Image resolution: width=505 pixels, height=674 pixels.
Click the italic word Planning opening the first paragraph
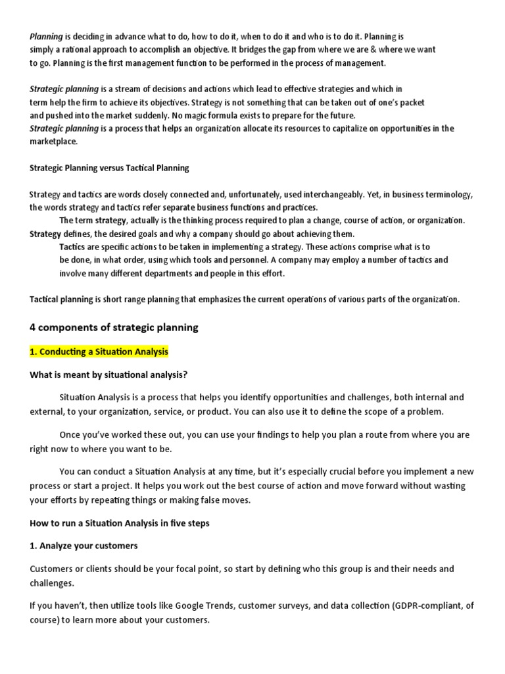pyautogui.click(x=46, y=37)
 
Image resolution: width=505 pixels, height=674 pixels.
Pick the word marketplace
pyautogui.click(x=54, y=142)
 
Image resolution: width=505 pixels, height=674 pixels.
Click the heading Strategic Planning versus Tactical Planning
pyautogui.click(x=109, y=168)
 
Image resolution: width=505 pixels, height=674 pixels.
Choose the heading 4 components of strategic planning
pyautogui.click(x=114, y=327)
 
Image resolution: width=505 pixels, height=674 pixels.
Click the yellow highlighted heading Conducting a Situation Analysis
pyautogui.click(x=99, y=352)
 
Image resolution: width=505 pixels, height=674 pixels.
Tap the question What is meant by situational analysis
pyautogui.click(x=108, y=375)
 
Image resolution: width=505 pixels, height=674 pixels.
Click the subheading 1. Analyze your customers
pyautogui.click(x=84, y=546)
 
